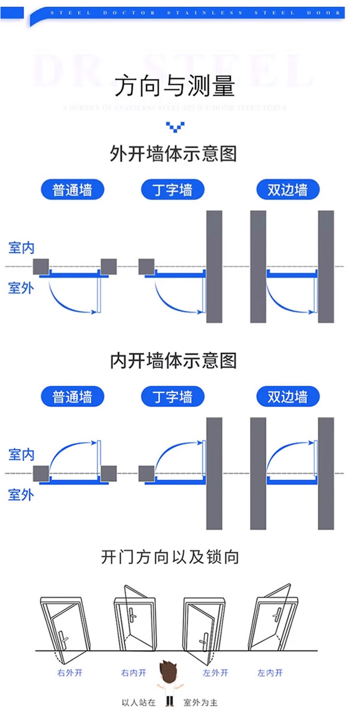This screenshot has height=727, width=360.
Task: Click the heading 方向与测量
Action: (174, 86)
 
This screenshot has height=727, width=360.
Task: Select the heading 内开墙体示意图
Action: (174, 360)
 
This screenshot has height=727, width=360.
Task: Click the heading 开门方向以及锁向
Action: (170, 557)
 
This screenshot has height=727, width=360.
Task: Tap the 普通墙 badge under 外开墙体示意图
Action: (72, 190)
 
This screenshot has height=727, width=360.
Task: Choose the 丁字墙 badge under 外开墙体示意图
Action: (173, 190)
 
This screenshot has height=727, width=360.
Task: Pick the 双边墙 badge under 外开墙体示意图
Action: (287, 190)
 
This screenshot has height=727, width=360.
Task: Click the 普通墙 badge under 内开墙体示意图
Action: (72, 397)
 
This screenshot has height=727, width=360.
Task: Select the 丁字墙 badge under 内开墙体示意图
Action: (173, 397)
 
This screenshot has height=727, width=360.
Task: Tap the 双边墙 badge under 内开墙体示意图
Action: (287, 397)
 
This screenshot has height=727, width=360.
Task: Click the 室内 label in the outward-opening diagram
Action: (22, 248)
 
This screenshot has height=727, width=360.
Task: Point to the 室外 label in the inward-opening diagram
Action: (21, 494)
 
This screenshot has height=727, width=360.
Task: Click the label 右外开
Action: (70, 673)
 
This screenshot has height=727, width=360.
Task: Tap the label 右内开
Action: (134, 673)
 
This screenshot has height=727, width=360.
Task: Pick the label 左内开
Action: (270, 673)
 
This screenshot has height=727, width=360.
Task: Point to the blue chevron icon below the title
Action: (175, 127)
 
